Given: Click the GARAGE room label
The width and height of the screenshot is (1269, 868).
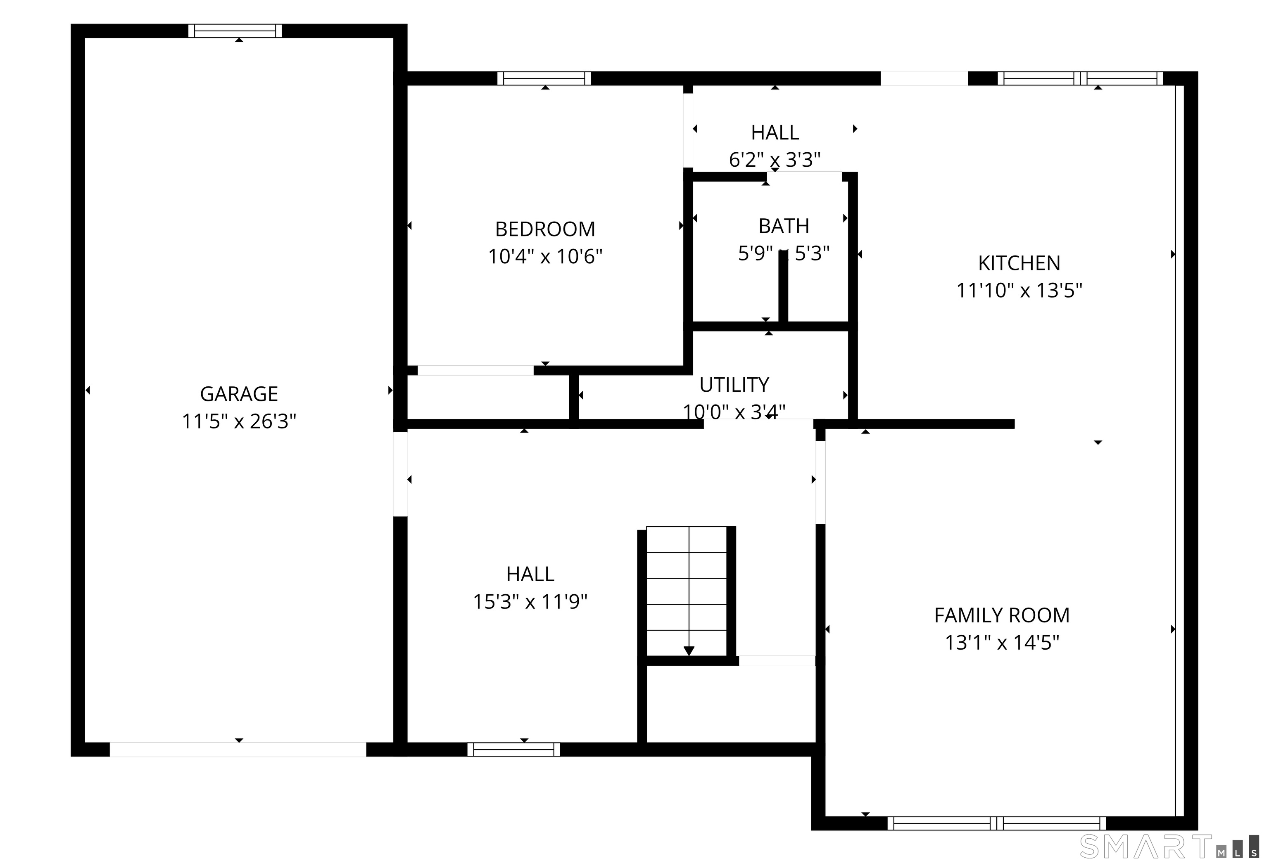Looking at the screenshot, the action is click(239, 394).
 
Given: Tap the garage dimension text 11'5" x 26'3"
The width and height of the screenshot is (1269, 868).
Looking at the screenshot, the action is click(239, 421).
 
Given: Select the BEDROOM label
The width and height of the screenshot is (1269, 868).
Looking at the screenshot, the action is click(545, 229).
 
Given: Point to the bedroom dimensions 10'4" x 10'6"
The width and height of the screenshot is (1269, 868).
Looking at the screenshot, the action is click(545, 256).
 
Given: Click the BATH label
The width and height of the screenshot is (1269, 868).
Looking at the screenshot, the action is click(784, 226).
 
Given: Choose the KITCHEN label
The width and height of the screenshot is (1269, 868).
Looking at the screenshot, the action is click(1019, 263).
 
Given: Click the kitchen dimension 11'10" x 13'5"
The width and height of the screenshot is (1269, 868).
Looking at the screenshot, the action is click(1019, 290).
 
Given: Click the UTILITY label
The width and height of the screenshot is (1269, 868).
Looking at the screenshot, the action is click(734, 385).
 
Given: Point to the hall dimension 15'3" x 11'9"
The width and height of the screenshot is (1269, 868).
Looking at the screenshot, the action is click(530, 602).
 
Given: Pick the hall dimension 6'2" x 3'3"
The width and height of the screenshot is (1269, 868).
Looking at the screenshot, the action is click(775, 160).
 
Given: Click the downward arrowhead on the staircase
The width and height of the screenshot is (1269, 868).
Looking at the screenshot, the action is click(689, 651).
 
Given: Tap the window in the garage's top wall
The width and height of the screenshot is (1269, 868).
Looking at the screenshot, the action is click(235, 31).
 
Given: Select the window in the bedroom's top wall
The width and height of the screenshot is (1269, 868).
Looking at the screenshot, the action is click(544, 78).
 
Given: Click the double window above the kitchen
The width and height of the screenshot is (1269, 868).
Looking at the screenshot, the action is click(1080, 78).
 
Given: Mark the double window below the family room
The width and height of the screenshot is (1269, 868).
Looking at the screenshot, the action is click(996, 823).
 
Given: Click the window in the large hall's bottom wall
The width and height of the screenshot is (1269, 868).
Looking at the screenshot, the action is click(514, 750).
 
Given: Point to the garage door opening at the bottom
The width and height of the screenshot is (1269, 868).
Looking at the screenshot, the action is click(238, 750).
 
